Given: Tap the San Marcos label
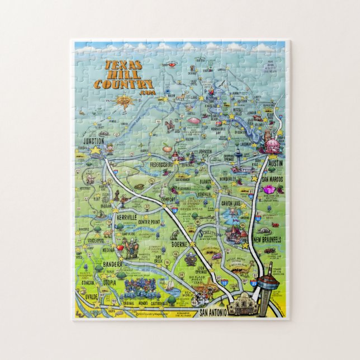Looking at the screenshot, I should coord(273,179).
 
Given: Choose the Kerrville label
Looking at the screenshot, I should coord(127,217).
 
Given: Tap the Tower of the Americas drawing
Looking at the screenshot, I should coord(268,276).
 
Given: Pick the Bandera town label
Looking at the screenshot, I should coord(113,263).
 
